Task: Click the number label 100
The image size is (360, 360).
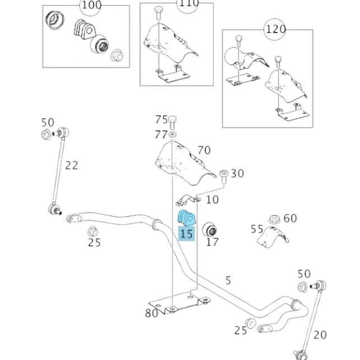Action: click(91, 6)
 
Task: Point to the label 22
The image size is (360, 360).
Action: click(71, 165)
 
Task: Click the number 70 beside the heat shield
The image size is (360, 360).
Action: click(204, 150)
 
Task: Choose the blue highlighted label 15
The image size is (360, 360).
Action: click(186, 234)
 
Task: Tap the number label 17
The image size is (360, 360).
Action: click(212, 242)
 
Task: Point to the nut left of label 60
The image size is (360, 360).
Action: click(275, 219)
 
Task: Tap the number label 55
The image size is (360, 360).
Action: click(256, 229)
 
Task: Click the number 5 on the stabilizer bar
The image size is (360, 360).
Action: click(227, 280)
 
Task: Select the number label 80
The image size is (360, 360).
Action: click(152, 313)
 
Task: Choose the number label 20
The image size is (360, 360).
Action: click(320, 335)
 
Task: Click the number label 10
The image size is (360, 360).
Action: click(213, 200)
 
